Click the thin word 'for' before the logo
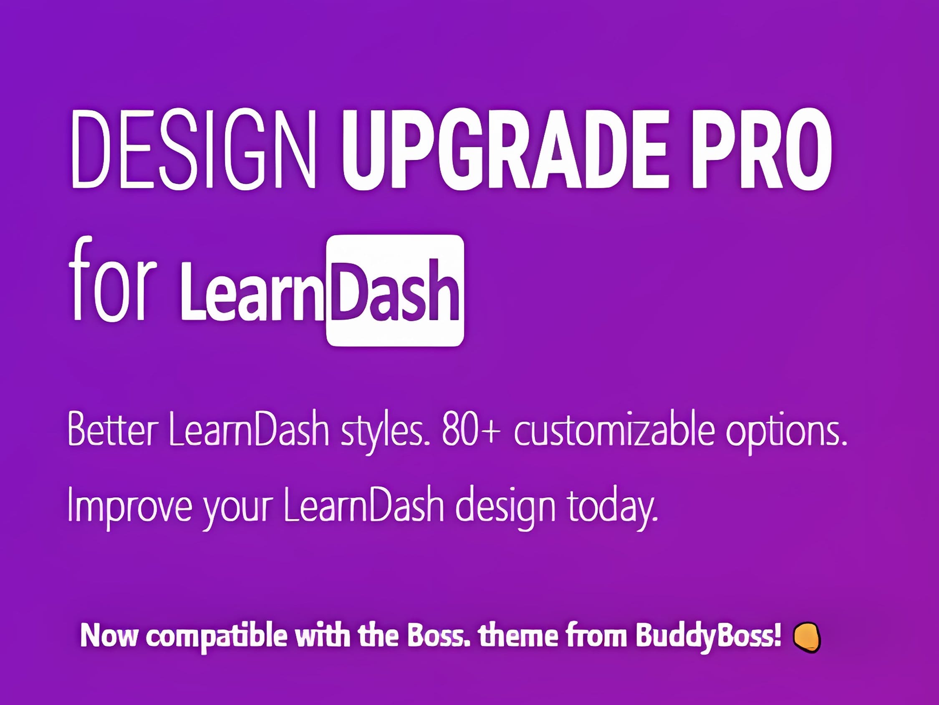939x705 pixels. pos(112,280)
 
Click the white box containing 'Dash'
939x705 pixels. pos(395,290)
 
